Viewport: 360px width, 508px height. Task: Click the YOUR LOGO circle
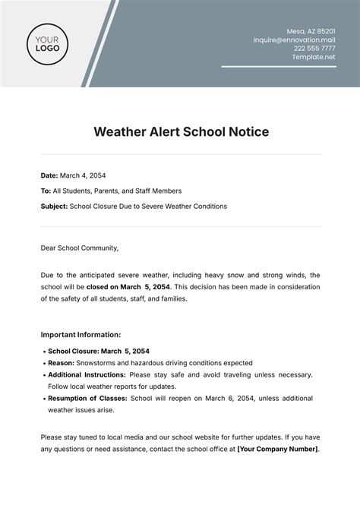(49, 43)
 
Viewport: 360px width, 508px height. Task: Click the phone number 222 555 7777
(315, 47)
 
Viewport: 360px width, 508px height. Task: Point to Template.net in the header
(314, 57)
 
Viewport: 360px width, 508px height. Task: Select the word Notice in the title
(247, 131)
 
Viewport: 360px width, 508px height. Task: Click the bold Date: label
(49, 175)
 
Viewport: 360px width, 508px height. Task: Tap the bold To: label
(46, 191)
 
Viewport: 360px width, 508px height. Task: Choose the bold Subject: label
(54, 206)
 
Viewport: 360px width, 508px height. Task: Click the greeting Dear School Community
(80, 247)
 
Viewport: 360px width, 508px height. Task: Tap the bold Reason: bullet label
(64, 363)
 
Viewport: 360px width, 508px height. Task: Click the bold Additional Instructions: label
(87, 375)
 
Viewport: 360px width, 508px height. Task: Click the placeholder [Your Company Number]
(277, 449)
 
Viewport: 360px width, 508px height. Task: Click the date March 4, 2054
(85, 175)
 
